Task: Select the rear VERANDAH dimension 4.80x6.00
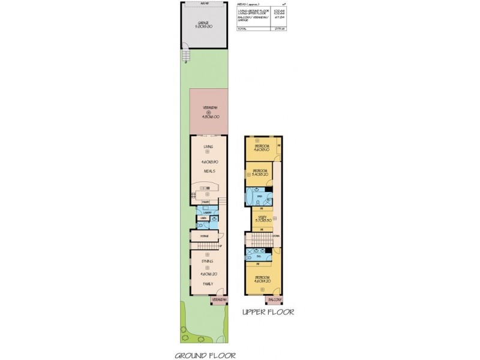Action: click(209, 118)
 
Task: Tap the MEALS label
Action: click(209, 172)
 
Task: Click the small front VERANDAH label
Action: click(219, 299)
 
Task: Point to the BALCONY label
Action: click(274, 299)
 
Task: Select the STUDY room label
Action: click(262, 218)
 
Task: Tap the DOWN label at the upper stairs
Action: click(275, 236)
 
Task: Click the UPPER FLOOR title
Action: click(266, 313)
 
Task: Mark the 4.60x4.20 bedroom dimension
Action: click(262, 281)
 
